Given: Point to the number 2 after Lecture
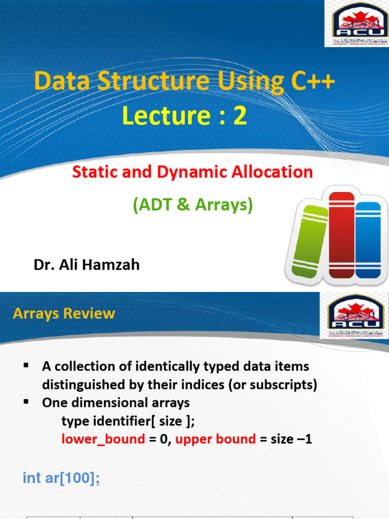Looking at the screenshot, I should (240, 116).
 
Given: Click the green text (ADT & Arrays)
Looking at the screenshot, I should (192, 205).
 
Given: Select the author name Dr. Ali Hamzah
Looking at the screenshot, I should (87, 265).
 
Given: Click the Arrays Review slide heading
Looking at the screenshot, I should (64, 314).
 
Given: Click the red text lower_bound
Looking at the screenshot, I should (103, 439).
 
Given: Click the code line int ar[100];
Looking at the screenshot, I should (61, 477).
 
